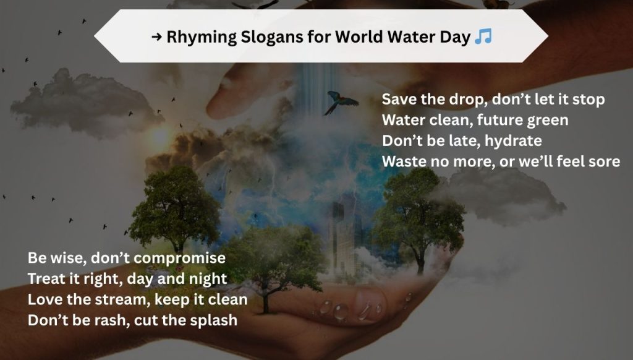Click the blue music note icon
(x=483, y=36)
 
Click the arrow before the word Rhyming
(x=156, y=37)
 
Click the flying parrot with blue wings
(x=341, y=102)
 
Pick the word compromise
(x=179, y=258)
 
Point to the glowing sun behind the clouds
(x=160, y=137)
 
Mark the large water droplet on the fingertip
(x=341, y=312)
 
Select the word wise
(x=68, y=258)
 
